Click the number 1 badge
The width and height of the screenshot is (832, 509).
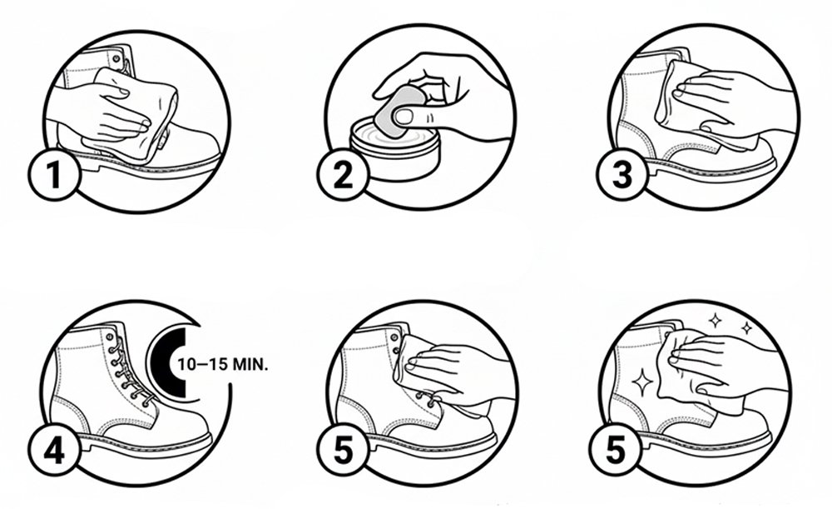pos(54,174)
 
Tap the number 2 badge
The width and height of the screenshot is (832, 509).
pos(343,174)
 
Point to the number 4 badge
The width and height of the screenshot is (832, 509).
pos(54,452)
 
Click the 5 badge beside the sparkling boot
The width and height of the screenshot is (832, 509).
pos(616,449)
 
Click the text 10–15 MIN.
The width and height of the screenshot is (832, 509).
pos(223,365)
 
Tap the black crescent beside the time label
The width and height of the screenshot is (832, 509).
pos(169,363)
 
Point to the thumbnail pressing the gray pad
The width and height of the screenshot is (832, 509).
pos(405,117)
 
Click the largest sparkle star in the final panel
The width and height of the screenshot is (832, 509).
pos(642,382)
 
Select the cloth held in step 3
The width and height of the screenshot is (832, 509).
pos(690,107)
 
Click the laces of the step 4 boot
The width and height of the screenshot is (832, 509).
pos(130,372)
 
